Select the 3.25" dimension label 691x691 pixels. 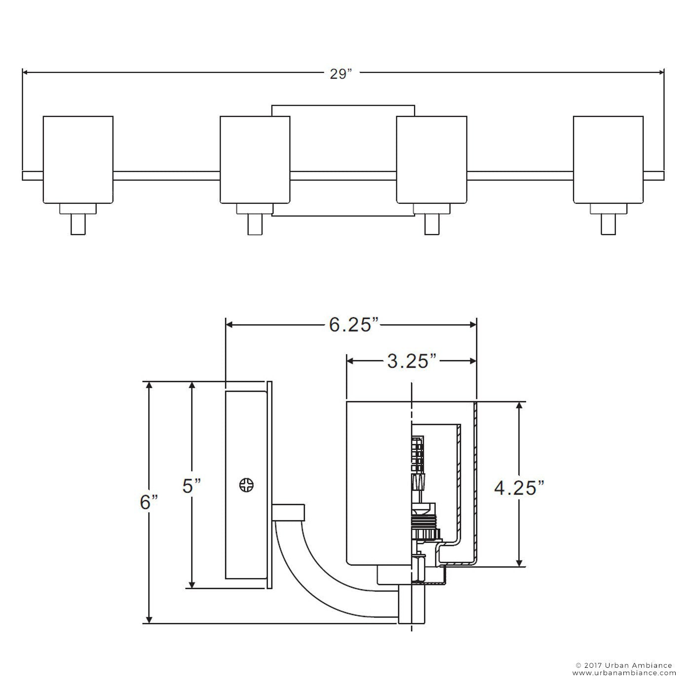(412, 361)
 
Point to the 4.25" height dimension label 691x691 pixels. (519, 488)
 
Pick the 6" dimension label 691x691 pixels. (149, 502)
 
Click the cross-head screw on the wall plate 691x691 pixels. (246, 486)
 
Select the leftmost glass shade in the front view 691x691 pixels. (78, 160)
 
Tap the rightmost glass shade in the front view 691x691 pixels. (608, 160)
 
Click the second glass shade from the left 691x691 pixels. (255, 160)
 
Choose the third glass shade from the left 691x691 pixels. (432, 160)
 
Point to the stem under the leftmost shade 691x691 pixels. (78, 224)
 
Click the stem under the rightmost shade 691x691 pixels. (609, 224)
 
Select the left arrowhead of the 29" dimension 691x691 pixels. (26, 73)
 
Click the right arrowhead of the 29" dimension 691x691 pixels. (660, 73)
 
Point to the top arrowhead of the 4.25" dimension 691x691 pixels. (519, 405)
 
